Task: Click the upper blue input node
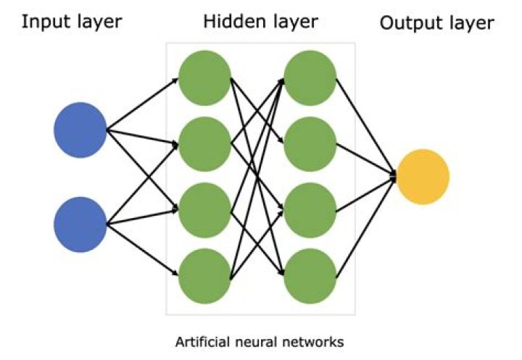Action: (80, 130)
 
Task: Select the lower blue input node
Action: (80, 225)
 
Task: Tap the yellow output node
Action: (423, 176)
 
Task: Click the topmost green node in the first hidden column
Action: (204, 76)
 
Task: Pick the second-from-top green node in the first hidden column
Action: (204, 143)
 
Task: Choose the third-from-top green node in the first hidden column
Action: (204, 211)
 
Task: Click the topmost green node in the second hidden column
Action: (310, 76)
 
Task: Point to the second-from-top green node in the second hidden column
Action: (310, 143)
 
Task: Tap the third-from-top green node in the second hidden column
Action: (310, 211)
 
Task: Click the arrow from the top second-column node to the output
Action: (366, 125)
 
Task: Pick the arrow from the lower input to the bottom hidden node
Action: (142, 250)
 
